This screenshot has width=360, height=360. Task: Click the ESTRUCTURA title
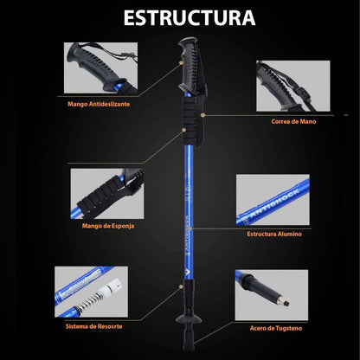coord(190,18)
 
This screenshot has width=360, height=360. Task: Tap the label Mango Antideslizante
coord(99,104)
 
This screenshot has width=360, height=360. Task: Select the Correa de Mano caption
coord(293,121)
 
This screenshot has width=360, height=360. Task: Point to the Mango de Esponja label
coord(108,226)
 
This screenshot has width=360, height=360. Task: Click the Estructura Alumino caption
coord(274,234)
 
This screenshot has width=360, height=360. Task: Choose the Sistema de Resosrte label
coord(94,326)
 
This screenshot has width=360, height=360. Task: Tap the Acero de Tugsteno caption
coord(276,328)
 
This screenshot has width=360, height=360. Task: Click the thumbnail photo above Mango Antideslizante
coord(100,67)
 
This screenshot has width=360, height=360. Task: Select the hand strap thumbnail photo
coord(293,86)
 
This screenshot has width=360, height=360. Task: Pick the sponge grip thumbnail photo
coord(107,194)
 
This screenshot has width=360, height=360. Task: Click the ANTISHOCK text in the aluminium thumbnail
coord(274,203)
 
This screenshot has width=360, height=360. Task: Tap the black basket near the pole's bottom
coord(189,319)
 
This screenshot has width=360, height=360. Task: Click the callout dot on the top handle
coord(181,62)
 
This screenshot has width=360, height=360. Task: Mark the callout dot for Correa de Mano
coord(203,115)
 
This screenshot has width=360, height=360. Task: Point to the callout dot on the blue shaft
coord(192,228)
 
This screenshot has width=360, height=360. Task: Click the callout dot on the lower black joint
coord(181,286)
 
